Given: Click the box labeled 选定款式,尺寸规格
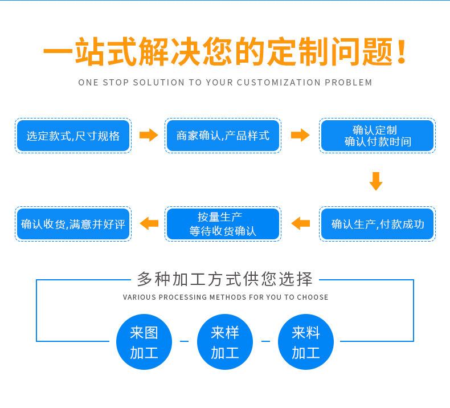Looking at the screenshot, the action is coord(73,136).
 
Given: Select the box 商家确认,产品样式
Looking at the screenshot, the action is coord(223,136).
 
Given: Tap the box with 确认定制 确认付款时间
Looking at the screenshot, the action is coord(378,136).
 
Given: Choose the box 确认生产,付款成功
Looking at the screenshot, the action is coord(378,224).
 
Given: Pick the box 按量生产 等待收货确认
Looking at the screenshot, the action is coord(223,224).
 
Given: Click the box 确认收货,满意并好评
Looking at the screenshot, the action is coord(73,224).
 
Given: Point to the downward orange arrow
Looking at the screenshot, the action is coord(376,181).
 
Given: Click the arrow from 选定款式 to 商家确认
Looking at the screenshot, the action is coord(149,135).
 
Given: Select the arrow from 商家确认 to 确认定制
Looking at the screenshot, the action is coord(300,135).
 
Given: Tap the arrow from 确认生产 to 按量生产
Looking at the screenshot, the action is coord(301,223).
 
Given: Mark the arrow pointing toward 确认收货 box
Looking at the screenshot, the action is coord(149,223).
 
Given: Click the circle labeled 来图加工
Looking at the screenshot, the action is coord(144,342).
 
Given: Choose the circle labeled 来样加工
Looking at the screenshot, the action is coord(225,342).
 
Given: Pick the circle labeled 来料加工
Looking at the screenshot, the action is coord(306,342).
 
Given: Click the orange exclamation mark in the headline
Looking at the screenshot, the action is coord(400,51).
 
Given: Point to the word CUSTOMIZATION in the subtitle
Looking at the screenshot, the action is coord(279,83).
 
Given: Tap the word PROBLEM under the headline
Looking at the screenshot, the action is coord(349,83).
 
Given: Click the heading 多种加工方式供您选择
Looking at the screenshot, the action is coord(225,279).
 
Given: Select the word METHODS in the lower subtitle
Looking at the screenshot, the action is coord(228,297).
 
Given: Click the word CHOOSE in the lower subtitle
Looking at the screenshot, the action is coord(313,297).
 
